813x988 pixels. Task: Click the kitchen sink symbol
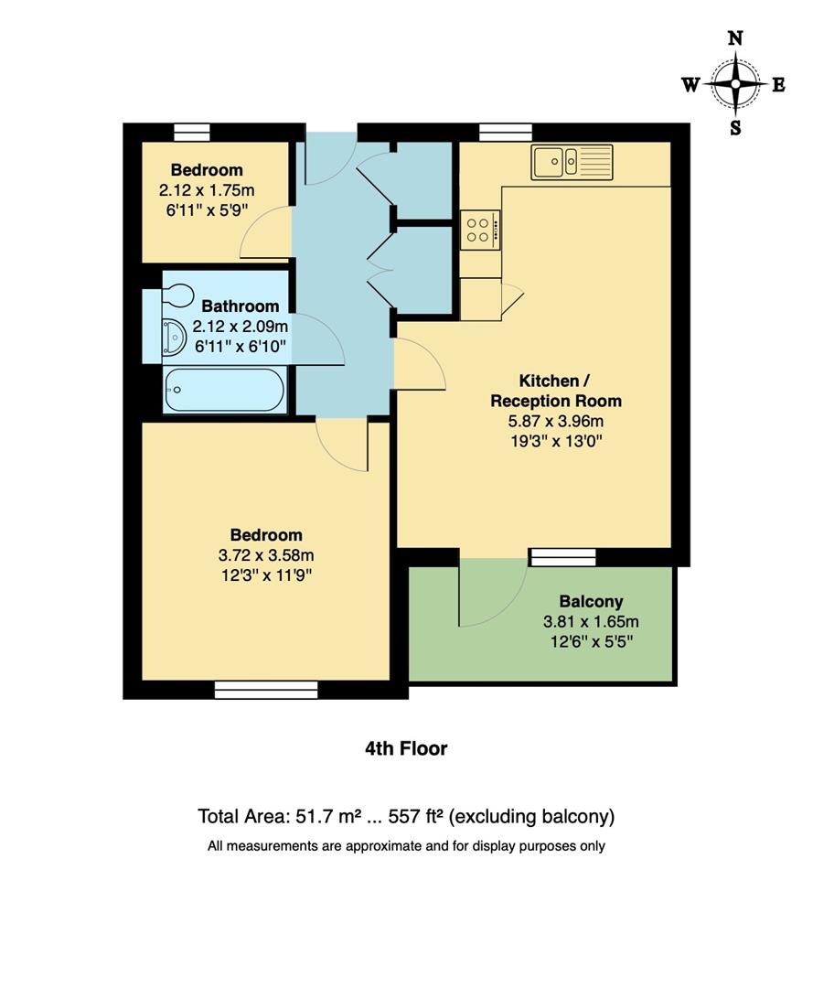[x=572, y=162]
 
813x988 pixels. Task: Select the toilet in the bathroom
[x=175, y=295]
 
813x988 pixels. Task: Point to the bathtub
[x=224, y=390]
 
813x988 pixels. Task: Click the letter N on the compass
[x=735, y=38]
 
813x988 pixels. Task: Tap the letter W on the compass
[x=690, y=85]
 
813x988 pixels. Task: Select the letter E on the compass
[x=778, y=85]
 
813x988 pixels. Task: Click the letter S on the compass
[x=735, y=128]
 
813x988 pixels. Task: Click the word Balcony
[x=591, y=601]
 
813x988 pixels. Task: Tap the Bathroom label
[x=241, y=306]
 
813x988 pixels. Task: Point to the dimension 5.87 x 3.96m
[x=556, y=421]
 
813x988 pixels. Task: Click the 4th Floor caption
[x=406, y=748]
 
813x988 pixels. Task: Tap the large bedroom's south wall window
[x=266, y=690]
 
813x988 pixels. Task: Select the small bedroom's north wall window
[x=192, y=133]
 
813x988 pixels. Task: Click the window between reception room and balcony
[x=562, y=557]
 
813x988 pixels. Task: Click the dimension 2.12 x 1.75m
[x=207, y=190]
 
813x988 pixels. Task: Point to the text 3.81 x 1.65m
[x=591, y=621]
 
